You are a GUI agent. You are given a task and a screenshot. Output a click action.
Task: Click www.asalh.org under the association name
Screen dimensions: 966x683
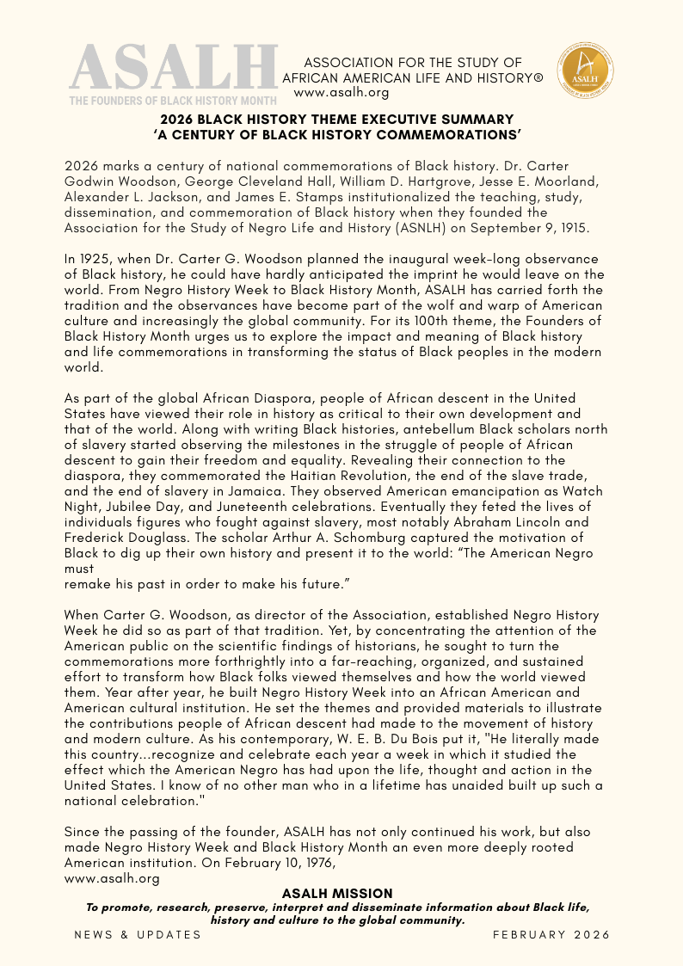[341, 92]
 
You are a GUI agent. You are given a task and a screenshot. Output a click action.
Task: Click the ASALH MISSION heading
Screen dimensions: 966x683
[337, 894]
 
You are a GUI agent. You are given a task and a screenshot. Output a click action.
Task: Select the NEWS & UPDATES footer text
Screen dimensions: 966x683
[138, 934]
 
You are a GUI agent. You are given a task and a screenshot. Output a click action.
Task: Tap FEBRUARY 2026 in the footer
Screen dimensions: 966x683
[551, 934]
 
